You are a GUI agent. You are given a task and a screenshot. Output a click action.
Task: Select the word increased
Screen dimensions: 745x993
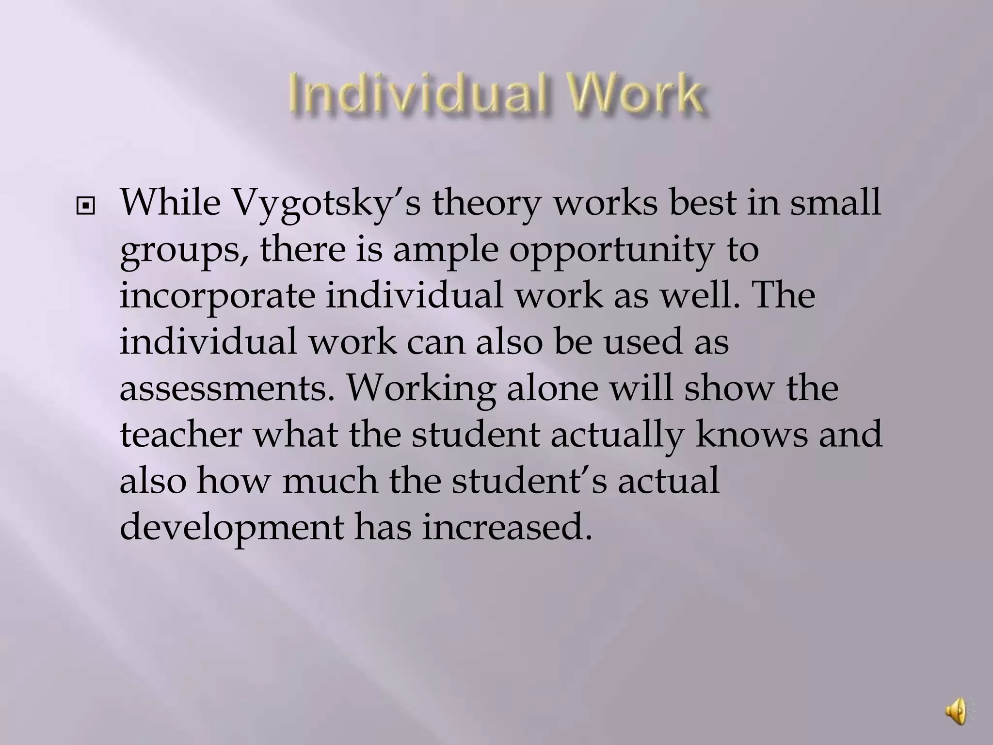[x=507, y=527]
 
